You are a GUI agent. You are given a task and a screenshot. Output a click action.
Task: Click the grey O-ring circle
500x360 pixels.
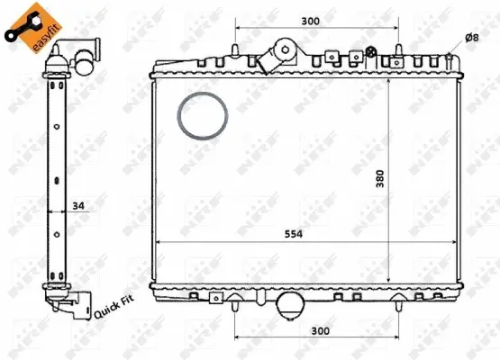point(202,116)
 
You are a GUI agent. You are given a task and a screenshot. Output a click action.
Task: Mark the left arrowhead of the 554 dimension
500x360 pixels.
point(159,244)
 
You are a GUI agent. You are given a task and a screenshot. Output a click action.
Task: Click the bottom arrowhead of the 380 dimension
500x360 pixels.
point(388,282)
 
